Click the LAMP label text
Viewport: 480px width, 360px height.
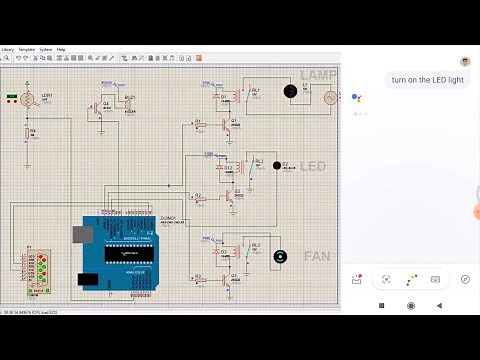[319, 76]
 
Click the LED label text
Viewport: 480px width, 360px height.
[313, 166]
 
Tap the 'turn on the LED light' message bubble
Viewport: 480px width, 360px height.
[428, 80]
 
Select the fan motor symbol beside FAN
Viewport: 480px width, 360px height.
[281, 257]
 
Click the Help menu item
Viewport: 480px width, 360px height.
[61, 49]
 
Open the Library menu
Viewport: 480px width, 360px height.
[8, 49]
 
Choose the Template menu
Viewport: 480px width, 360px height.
[27, 49]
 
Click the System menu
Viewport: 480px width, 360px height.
[46, 49]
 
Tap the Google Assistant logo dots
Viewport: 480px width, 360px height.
[357, 98]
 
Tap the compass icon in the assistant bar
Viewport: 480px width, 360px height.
[465, 279]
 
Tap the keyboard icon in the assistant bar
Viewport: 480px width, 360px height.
[436, 279]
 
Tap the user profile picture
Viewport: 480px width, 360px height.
[466, 61]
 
